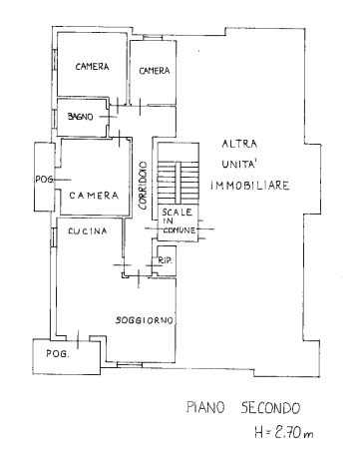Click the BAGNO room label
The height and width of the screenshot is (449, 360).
coord(80,117)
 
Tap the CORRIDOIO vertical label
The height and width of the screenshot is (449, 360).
coord(143,186)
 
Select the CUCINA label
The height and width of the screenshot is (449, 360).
coord(88,230)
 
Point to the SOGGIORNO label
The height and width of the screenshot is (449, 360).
coord(145,320)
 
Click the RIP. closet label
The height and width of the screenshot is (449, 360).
coord(165,261)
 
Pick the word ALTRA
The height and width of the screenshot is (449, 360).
coord(239,144)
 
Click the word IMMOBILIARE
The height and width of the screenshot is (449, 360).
coord(250,186)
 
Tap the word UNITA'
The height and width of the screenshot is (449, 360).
coord(238,164)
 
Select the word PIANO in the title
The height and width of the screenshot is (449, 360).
coord(206,407)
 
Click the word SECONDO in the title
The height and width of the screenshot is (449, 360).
coord(270,408)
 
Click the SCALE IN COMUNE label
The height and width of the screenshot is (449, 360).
coord(179,221)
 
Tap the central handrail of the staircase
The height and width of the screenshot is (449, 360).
coord(179,183)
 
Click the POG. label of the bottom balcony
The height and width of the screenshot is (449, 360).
coord(58,353)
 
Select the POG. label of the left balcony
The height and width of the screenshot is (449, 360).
coord(45,180)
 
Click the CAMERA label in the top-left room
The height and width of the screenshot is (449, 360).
coord(92,67)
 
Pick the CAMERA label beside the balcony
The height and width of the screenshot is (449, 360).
coord(94,196)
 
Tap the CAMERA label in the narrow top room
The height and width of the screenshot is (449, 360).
coord(155,71)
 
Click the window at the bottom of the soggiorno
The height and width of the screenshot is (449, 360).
coord(130,365)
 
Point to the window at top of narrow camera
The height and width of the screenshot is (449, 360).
coord(153,37)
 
